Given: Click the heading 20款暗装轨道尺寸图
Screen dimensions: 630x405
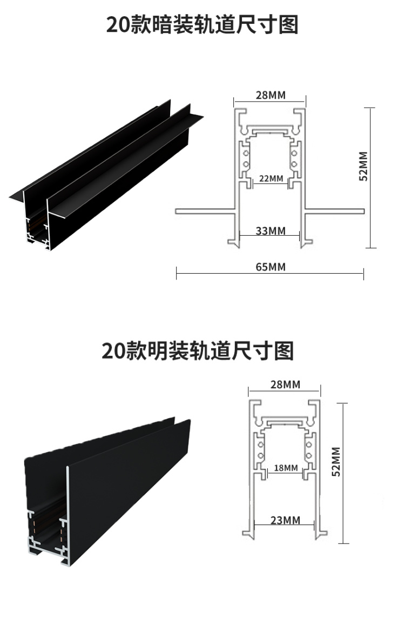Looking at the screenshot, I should (x=202, y=25).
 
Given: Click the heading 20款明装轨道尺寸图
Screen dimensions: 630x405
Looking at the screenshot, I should (x=198, y=350).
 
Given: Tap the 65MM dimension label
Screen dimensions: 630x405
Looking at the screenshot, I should (x=270, y=267).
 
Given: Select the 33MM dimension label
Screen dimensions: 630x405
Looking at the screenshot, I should (x=270, y=231).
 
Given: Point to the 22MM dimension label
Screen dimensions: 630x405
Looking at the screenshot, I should (x=271, y=178).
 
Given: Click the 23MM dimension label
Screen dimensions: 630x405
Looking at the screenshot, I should (x=285, y=520).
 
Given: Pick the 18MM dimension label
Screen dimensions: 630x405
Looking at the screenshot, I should (x=285, y=468).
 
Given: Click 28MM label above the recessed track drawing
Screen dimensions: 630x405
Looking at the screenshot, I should (x=270, y=96).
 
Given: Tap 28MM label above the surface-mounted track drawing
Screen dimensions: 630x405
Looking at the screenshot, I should (x=285, y=384).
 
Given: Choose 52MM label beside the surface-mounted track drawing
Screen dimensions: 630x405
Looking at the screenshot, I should (x=336, y=461).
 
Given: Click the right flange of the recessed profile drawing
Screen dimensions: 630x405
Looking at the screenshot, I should (x=335, y=211).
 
